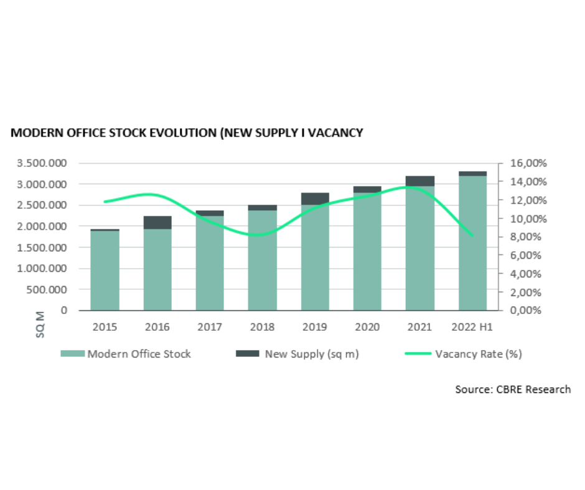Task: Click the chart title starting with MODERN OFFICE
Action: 187,132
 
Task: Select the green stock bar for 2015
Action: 105,270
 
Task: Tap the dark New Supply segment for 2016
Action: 157,222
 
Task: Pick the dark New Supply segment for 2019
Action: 315,198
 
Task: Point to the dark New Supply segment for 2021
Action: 420,181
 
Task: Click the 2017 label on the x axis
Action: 210,326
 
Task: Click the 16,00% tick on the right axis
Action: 528,164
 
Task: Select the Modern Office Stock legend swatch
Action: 72,354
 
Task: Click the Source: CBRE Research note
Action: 513,389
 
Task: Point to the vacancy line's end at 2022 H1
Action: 472,236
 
